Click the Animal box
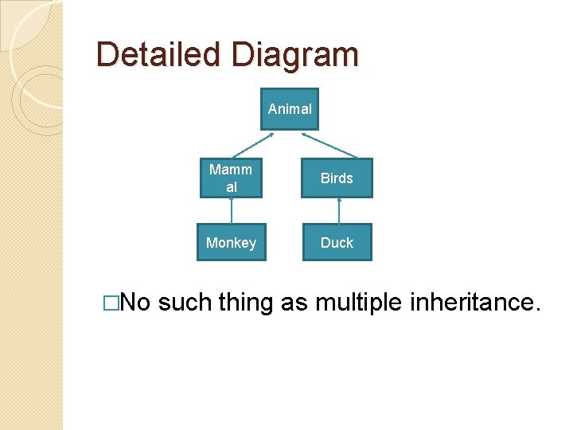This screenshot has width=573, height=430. click(x=290, y=109)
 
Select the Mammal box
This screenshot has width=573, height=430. click(x=231, y=178)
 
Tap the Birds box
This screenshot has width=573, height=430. click(x=337, y=178)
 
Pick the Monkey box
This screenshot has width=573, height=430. click(x=231, y=243)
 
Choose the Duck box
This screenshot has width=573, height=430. click(x=337, y=243)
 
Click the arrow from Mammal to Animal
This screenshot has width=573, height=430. click(x=253, y=144)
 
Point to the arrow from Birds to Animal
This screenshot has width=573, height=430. click(x=329, y=144)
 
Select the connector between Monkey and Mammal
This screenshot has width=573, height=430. click(x=232, y=211)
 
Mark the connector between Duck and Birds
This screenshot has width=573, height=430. click(x=339, y=211)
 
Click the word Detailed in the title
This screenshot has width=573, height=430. click(x=159, y=55)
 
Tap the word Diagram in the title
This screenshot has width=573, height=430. click(x=295, y=55)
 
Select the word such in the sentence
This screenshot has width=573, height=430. click(x=185, y=303)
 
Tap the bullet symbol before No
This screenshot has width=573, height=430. click(x=111, y=303)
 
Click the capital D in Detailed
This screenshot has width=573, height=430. click(x=107, y=55)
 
